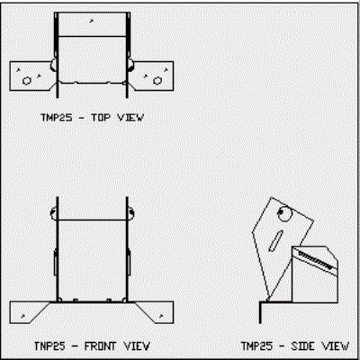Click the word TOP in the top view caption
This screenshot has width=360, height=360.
point(101,117)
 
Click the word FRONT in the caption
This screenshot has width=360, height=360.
point(100,346)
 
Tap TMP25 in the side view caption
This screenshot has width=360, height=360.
point(257,346)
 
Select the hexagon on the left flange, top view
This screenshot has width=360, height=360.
point(27,81)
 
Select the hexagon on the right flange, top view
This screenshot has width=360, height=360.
point(157,81)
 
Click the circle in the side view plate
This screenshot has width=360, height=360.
point(284,213)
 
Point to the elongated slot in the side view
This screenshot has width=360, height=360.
point(276,240)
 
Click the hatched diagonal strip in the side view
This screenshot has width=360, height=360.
point(316,260)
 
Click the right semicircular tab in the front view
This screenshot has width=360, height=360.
point(132,213)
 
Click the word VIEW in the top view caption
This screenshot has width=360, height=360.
point(130,117)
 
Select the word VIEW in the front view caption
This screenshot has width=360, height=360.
point(137,346)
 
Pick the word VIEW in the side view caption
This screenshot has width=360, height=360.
point(336,346)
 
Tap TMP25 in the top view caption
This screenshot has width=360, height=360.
point(57,117)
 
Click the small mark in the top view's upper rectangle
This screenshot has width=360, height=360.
point(92,21)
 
